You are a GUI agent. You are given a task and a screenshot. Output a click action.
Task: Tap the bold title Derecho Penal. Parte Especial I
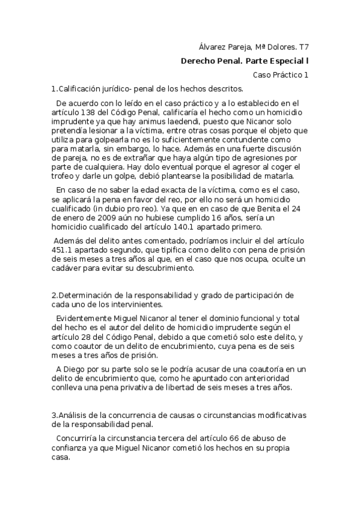click(x=245, y=61)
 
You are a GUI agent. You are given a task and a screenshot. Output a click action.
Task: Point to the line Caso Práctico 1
click(x=281, y=75)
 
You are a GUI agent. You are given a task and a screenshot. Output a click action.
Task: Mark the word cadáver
click(x=71, y=268)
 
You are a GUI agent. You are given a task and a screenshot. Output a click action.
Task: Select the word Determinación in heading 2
click(x=84, y=295)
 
